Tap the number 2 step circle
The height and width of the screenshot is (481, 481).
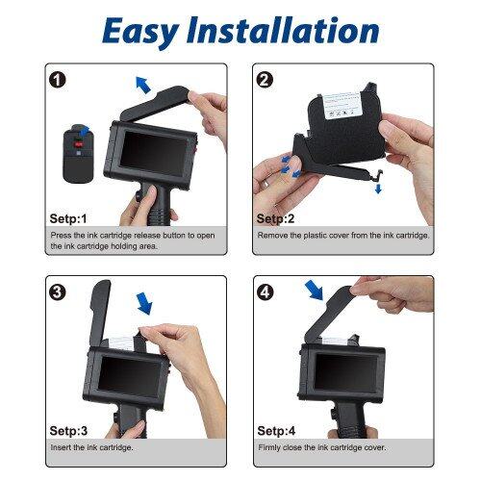click(x=264, y=79)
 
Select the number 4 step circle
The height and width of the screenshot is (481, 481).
click(x=264, y=291)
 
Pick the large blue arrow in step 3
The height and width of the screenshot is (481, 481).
click(x=144, y=304)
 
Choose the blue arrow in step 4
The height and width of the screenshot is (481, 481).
click(x=315, y=290)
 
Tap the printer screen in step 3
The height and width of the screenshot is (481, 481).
click(x=130, y=373)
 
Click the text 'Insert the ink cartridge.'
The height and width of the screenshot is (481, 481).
click(x=91, y=447)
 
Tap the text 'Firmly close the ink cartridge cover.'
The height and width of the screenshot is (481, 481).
click(x=321, y=447)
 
